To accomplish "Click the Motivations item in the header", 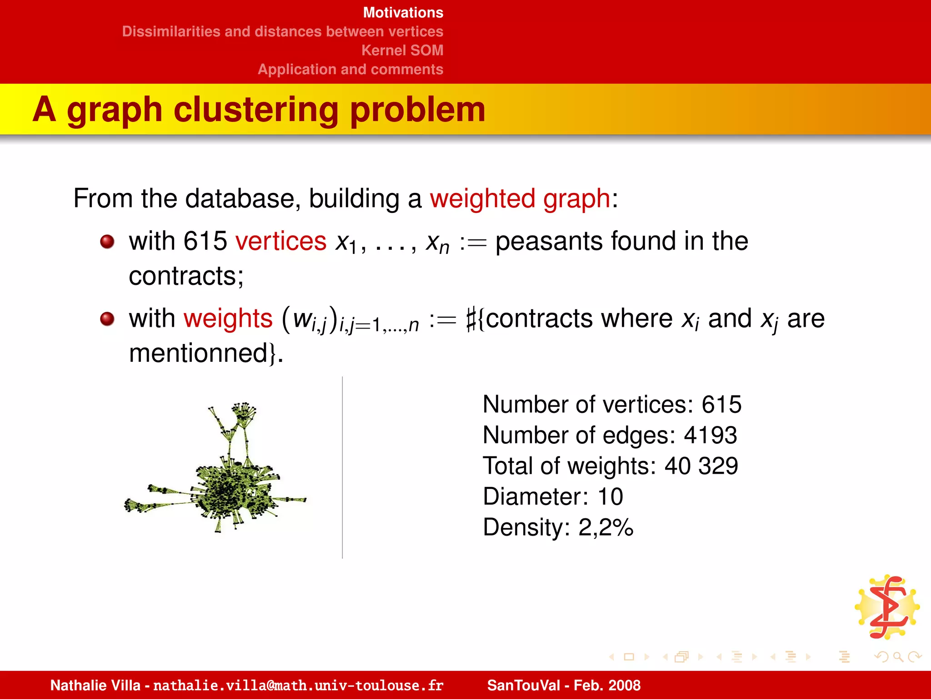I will point(403,13).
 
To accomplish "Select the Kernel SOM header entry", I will point(402,50).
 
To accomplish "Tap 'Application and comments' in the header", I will point(350,69).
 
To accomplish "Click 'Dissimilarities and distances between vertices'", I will point(282,31).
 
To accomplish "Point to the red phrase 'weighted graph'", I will point(520,199).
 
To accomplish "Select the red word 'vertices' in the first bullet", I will point(280,241).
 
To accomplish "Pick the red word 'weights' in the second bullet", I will point(228,318).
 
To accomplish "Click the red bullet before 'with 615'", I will point(107,242).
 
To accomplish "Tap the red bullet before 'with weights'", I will point(107,319).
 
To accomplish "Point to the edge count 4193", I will point(710,435).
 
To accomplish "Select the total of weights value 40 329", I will point(701,466).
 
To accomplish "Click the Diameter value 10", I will point(610,496).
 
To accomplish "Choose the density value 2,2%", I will point(606,527).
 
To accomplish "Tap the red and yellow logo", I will point(887,607).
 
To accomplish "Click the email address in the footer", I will point(298,685).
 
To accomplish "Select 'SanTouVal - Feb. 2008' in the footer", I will point(564,685).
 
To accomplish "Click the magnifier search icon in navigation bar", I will point(897,657).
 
